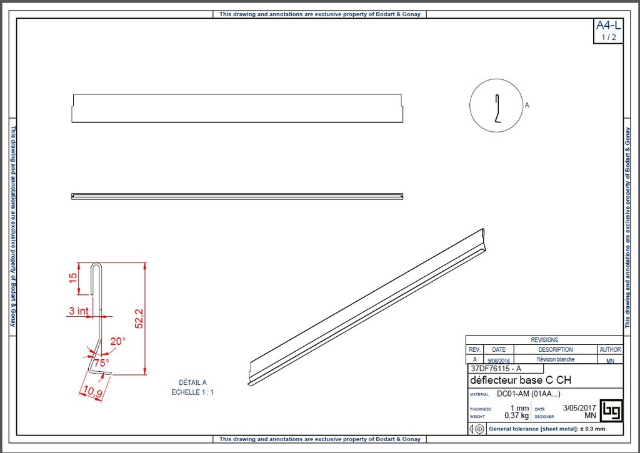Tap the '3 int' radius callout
[x=78, y=311]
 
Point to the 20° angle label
[x=117, y=342]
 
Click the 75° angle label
[x=101, y=362]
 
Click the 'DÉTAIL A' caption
[x=192, y=382]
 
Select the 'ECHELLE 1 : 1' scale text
[x=192, y=392]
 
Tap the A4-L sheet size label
[x=608, y=26]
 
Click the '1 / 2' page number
[x=608, y=37]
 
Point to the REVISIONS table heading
[x=544, y=340]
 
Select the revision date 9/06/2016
[x=499, y=360]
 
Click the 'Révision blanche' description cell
[x=556, y=359]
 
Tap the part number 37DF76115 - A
[x=494, y=369]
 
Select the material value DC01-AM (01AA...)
[x=528, y=394]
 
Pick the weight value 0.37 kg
[x=516, y=416]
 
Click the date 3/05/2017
[x=579, y=408]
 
